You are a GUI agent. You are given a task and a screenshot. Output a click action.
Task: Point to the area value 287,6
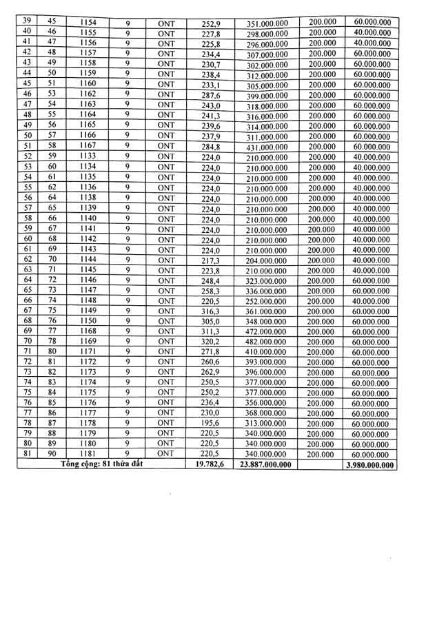coord(210,94)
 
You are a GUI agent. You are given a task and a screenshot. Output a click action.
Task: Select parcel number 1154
coord(88,23)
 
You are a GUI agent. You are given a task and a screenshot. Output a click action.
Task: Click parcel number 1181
coord(88,453)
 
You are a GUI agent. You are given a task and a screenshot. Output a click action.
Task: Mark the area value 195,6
coord(210,422)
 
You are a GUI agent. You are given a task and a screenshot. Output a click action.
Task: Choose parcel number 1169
coord(88,342)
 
